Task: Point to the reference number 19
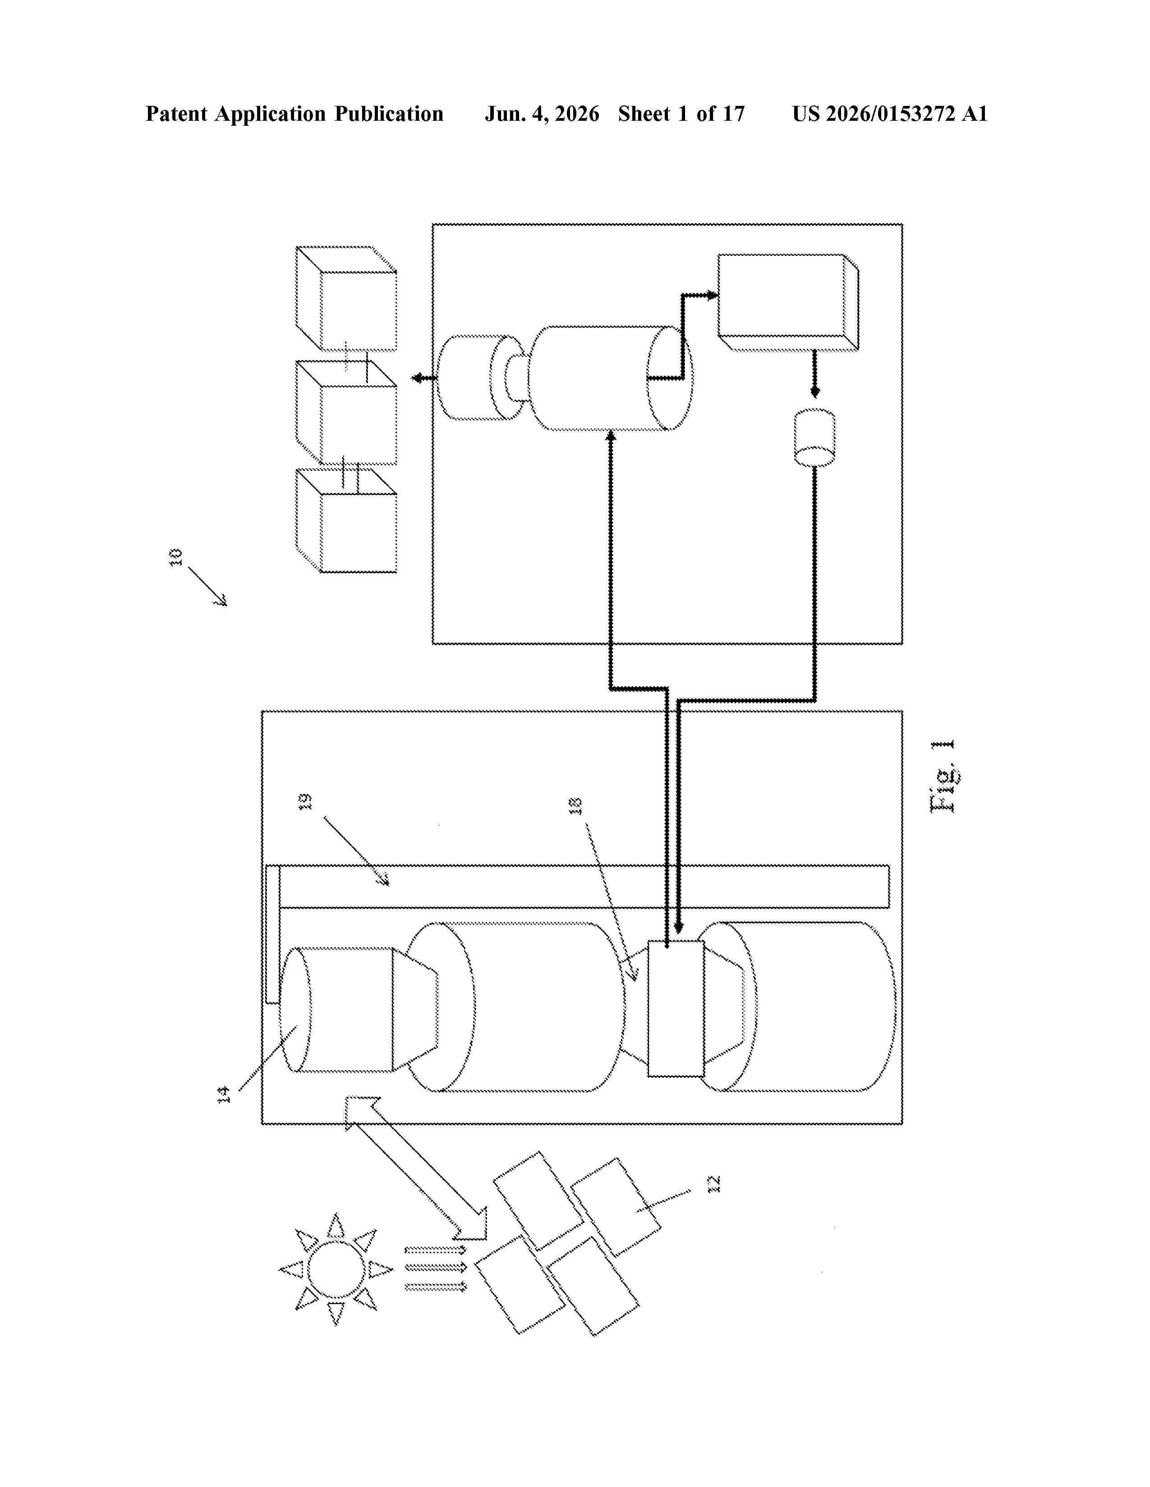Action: pos(306,801)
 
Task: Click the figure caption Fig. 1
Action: pos(943,776)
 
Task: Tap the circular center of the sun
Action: pos(336,1269)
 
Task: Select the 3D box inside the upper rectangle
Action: pos(788,303)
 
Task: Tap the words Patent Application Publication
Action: pos(294,114)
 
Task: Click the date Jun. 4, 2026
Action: pos(542,114)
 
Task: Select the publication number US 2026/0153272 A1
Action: pos(890,114)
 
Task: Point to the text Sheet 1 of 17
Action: pos(681,114)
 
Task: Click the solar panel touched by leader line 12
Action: pos(615,1207)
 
